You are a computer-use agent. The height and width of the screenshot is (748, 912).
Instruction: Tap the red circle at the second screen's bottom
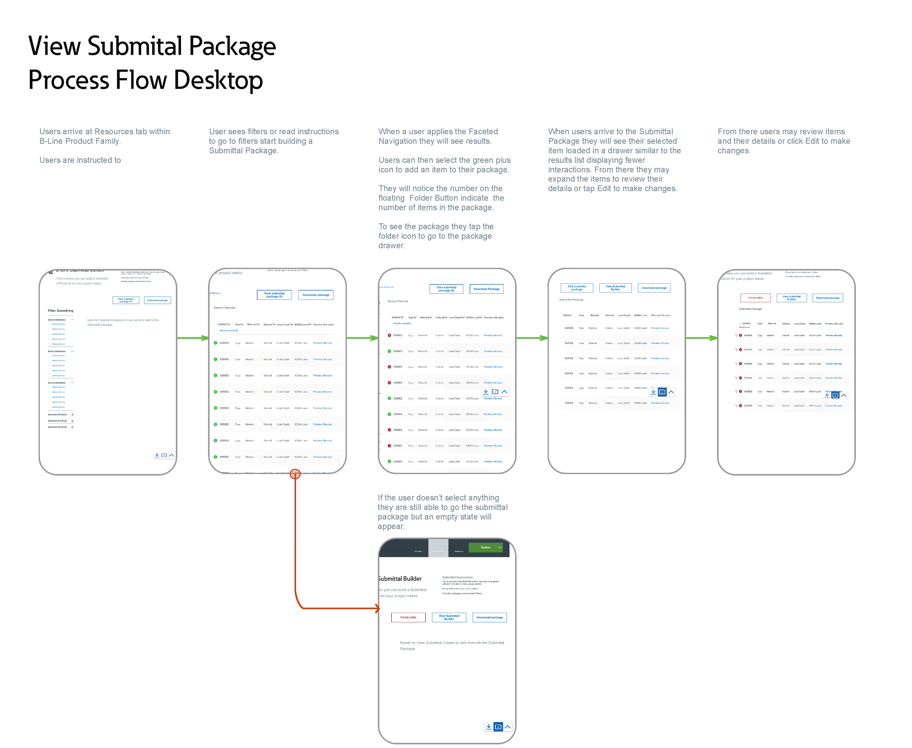pyautogui.click(x=295, y=474)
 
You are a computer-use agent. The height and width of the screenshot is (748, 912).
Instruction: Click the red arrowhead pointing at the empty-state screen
pyautogui.click(x=378, y=608)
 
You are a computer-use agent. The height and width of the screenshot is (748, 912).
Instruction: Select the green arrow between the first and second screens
pyautogui.click(x=193, y=338)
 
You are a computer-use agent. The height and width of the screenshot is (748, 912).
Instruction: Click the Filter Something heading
pyautogui.click(x=60, y=311)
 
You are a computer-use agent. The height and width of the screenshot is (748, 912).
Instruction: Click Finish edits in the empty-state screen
pyautogui.click(x=408, y=617)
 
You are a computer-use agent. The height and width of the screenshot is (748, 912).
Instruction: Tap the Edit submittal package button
pyautogui.click(x=577, y=288)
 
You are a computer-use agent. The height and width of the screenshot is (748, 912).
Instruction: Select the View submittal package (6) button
pyautogui.click(x=446, y=289)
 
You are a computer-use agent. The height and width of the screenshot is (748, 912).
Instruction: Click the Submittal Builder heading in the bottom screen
pyautogui.click(x=400, y=579)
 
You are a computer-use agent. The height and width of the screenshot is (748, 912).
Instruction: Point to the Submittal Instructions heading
pyautogui.click(x=457, y=577)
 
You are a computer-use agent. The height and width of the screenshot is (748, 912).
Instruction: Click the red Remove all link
pyautogui.click(x=744, y=328)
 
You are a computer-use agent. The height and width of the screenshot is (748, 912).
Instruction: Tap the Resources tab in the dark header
pyautogui.click(x=459, y=551)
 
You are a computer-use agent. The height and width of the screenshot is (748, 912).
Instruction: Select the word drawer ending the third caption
pyautogui.click(x=391, y=245)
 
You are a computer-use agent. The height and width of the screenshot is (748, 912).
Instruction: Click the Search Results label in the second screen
pyautogui.click(x=224, y=308)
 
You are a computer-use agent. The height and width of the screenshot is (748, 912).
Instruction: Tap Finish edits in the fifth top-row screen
pyautogui.click(x=756, y=298)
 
